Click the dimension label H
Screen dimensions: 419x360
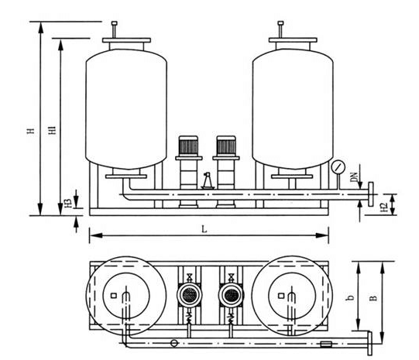point(32,131)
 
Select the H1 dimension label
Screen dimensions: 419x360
point(53,130)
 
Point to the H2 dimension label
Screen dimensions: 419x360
point(383,207)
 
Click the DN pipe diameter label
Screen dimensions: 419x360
point(355,177)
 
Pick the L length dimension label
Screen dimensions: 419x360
point(204,229)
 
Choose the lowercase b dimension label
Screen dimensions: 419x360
point(350,297)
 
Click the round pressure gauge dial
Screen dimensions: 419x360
point(338,167)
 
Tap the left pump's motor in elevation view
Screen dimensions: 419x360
point(188,146)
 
